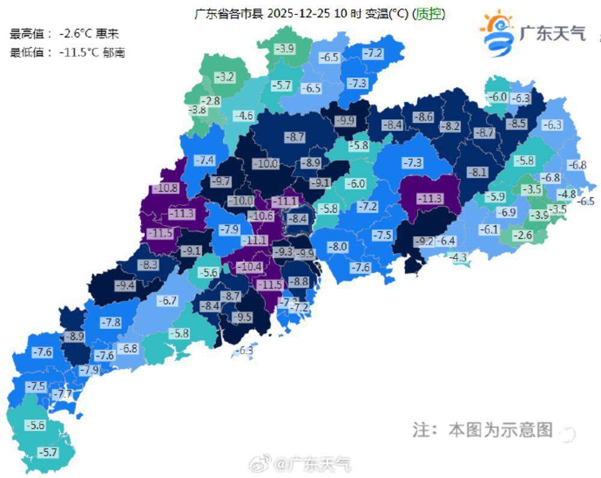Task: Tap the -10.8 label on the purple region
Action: coord(166,188)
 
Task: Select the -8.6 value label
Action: coord(425,117)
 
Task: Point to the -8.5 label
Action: coord(516,123)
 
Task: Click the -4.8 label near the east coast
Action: coord(567,194)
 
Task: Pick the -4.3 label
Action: coord(459,257)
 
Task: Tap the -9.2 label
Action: coord(424,241)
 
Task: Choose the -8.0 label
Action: coord(337,246)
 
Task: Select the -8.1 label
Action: coord(478,172)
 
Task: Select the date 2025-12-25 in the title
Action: coord(297,13)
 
